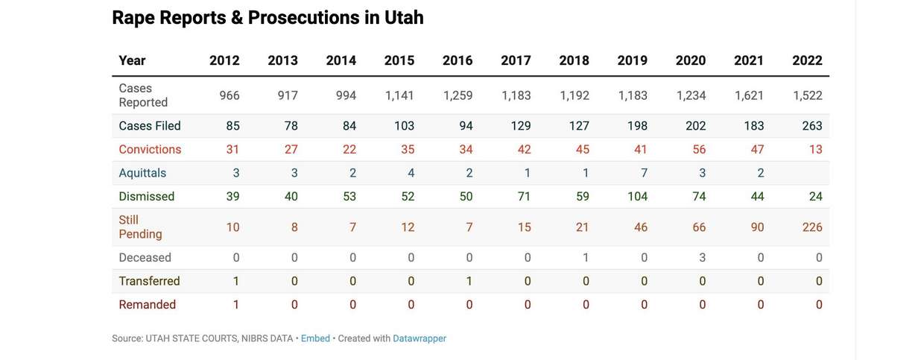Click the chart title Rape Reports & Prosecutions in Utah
tap(267, 18)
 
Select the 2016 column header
tap(457, 60)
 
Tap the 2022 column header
tap(807, 60)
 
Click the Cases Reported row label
tap(143, 95)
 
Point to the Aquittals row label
tap(142, 173)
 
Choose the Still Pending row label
tap(140, 227)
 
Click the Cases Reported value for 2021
tap(749, 95)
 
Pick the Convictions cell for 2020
tap(698, 149)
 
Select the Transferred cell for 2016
tap(469, 281)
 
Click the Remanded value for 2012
tap(236, 305)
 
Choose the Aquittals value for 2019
tap(644, 173)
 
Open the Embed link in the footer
tap(315, 338)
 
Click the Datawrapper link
tap(419, 338)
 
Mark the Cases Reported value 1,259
tap(457, 95)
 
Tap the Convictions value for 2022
tap(815, 149)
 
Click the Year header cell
tap(132, 60)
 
